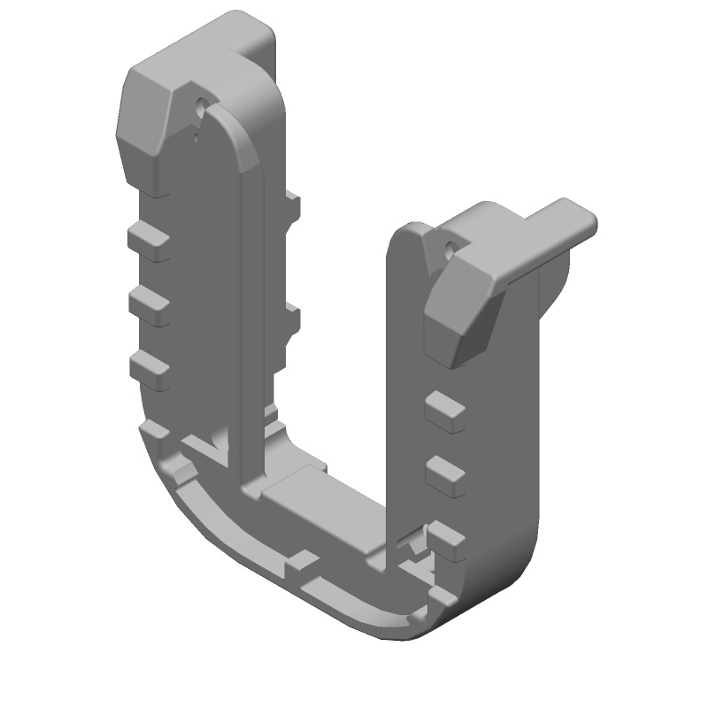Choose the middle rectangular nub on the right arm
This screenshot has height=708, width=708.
coord(445,475)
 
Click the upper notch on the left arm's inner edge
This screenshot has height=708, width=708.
coord(291,207)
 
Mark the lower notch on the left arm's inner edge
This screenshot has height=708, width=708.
coord(290,324)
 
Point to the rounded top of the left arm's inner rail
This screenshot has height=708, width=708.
coord(235,133)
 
